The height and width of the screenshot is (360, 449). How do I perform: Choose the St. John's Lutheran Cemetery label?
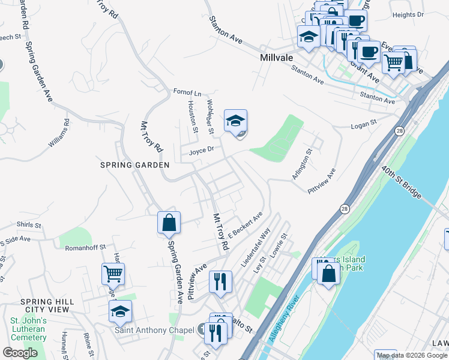[28, 329]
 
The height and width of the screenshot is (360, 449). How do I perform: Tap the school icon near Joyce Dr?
[236, 121]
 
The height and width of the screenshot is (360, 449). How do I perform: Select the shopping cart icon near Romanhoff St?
[113, 274]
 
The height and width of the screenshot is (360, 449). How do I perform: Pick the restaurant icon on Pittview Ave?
[220, 280]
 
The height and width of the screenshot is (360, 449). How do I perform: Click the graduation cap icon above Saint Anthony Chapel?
[120, 311]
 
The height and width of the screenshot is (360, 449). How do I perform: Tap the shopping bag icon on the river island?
[329, 274]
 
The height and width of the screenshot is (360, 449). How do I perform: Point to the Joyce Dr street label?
[202, 151]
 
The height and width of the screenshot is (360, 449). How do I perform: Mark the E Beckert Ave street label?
[246, 226]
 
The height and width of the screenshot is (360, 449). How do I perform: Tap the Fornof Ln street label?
[187, 93]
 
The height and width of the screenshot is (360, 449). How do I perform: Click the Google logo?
[20, 353]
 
